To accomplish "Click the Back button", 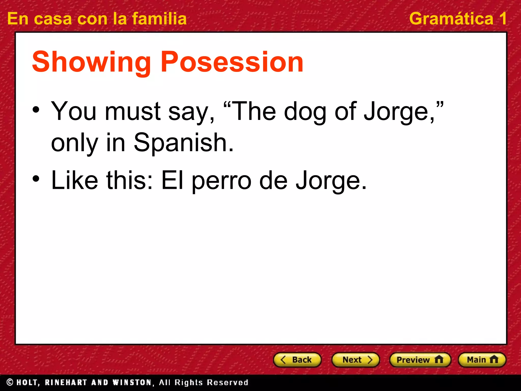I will [297, 360].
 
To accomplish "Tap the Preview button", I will [420, 360].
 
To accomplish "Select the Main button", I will [482, 360].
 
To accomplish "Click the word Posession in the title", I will [232, 62].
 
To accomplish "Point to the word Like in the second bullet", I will [75, 180].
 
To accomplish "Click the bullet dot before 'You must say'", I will [36, 110].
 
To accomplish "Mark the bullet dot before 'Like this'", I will [36, 179].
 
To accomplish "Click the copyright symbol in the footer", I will [10, 382].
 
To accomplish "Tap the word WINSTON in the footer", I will [132, 382].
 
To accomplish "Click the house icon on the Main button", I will [494, 359].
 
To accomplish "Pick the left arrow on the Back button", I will [283, 360].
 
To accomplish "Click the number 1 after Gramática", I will [503, 19].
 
